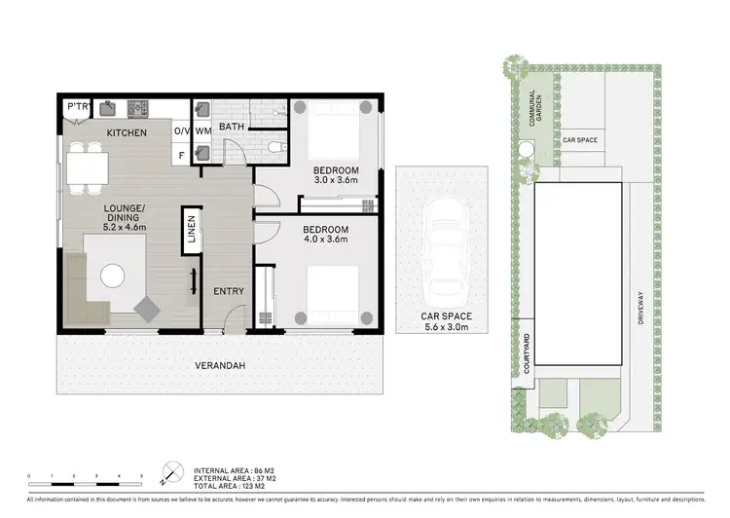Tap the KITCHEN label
(126, 131)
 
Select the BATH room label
(231, 127)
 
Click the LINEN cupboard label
(191, 233)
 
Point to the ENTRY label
(229, 291)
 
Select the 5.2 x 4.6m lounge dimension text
(125, 227)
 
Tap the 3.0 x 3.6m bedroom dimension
(337, 180)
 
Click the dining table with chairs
(88, 166)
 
